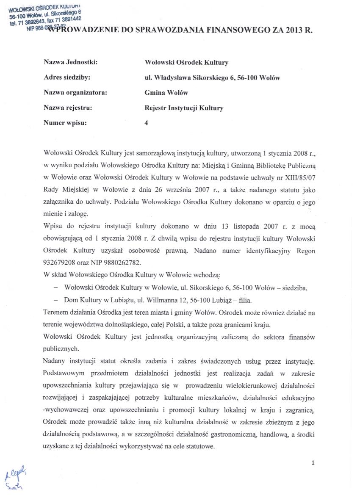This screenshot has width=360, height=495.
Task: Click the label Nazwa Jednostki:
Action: (x=71, y=62)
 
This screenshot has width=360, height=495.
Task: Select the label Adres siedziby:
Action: (x=67, y=77)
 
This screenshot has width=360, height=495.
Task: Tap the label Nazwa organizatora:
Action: (x=75, y=92)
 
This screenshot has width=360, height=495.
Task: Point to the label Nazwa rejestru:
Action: (x=68, y=108)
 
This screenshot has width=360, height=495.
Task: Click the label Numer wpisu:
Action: (x=65, y=123)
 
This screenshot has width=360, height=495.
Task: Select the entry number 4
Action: (x=146, y=123)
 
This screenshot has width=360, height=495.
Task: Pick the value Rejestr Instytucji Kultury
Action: (x=183, y=108)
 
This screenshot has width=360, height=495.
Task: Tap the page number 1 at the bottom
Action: (x=313, y=462)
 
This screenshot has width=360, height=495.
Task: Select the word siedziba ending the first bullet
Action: (x=294, y=288)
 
